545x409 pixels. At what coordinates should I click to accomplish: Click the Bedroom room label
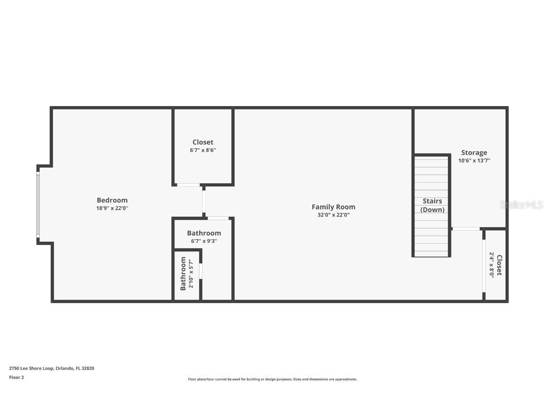pos(112,200)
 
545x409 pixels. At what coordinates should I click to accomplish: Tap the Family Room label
pos(333,207)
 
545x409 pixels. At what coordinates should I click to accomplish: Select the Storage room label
pos(474,152)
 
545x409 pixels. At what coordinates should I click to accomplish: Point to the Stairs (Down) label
pos(432,205)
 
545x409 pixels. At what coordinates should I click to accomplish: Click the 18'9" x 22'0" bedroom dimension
pos(112,208)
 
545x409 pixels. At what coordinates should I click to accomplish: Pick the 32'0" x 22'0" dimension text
pos(333,215)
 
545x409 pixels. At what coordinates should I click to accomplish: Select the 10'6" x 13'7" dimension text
pos(474,160)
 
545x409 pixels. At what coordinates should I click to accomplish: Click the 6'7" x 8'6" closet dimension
pos(202,150)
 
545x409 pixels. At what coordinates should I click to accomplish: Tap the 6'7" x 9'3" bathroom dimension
pos(203,241)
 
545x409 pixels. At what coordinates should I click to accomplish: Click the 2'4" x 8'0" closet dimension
pos(492,265)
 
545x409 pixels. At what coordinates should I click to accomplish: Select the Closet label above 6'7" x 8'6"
pos(202,142)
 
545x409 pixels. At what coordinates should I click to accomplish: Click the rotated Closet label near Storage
pos(499,265)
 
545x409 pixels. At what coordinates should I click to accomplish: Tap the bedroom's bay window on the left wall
pos(38,204)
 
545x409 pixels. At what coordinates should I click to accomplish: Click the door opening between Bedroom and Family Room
pos(204,201)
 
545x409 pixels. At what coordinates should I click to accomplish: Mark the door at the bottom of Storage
pos(466,229)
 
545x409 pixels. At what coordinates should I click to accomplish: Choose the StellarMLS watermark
pos(521,205)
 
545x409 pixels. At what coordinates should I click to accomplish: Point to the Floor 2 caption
pos(16,377)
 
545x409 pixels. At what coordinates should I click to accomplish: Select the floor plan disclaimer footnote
pos(272,379)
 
